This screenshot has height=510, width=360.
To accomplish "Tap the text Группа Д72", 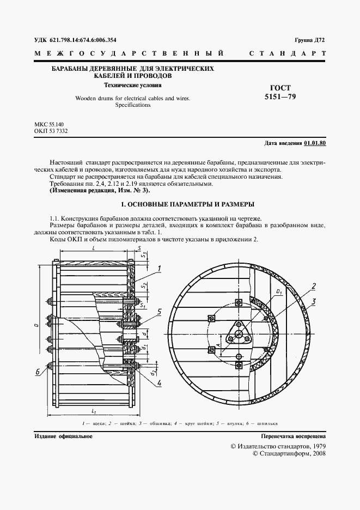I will [309, 40].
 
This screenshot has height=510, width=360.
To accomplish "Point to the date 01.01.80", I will [315, 143].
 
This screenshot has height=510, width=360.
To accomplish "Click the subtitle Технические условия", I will [133, 85].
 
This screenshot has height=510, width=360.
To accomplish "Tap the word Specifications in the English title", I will [132, 106].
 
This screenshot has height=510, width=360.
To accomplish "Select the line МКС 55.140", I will [49, 124].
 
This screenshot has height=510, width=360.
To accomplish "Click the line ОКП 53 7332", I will [51, 131].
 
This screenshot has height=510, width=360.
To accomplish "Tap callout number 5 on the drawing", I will [160, 311].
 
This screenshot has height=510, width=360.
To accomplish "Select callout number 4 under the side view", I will [159, 382].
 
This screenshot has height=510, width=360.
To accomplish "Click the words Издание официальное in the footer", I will [63, 436].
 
